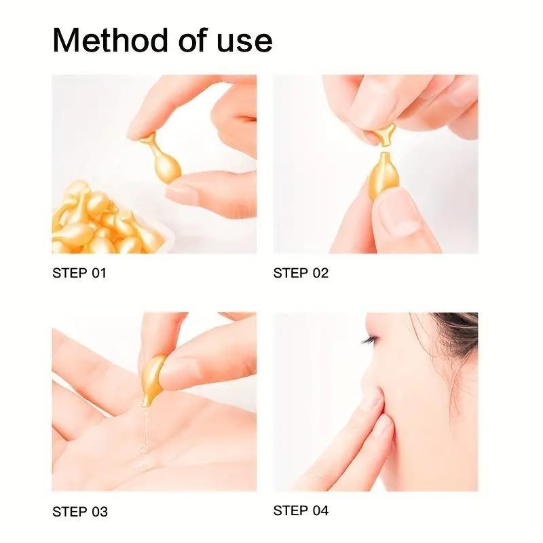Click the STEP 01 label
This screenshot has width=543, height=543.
79,274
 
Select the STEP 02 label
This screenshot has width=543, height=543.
301,274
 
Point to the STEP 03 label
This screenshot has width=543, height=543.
80,512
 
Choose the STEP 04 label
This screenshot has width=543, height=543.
301,510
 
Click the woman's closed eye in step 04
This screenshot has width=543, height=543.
371,340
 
